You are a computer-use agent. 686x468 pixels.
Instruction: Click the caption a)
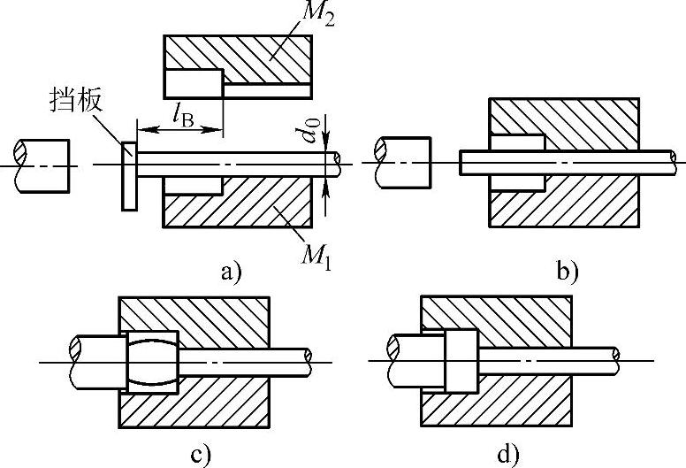(232, 272)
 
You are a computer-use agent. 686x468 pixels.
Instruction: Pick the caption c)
(200, 456)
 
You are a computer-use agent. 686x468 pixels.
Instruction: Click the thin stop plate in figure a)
(129, 177)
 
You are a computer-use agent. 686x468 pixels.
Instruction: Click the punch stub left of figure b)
(405, 161)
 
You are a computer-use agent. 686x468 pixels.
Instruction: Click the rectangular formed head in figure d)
(461, 361)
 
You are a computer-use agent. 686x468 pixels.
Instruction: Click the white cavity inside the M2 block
(193, 84)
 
